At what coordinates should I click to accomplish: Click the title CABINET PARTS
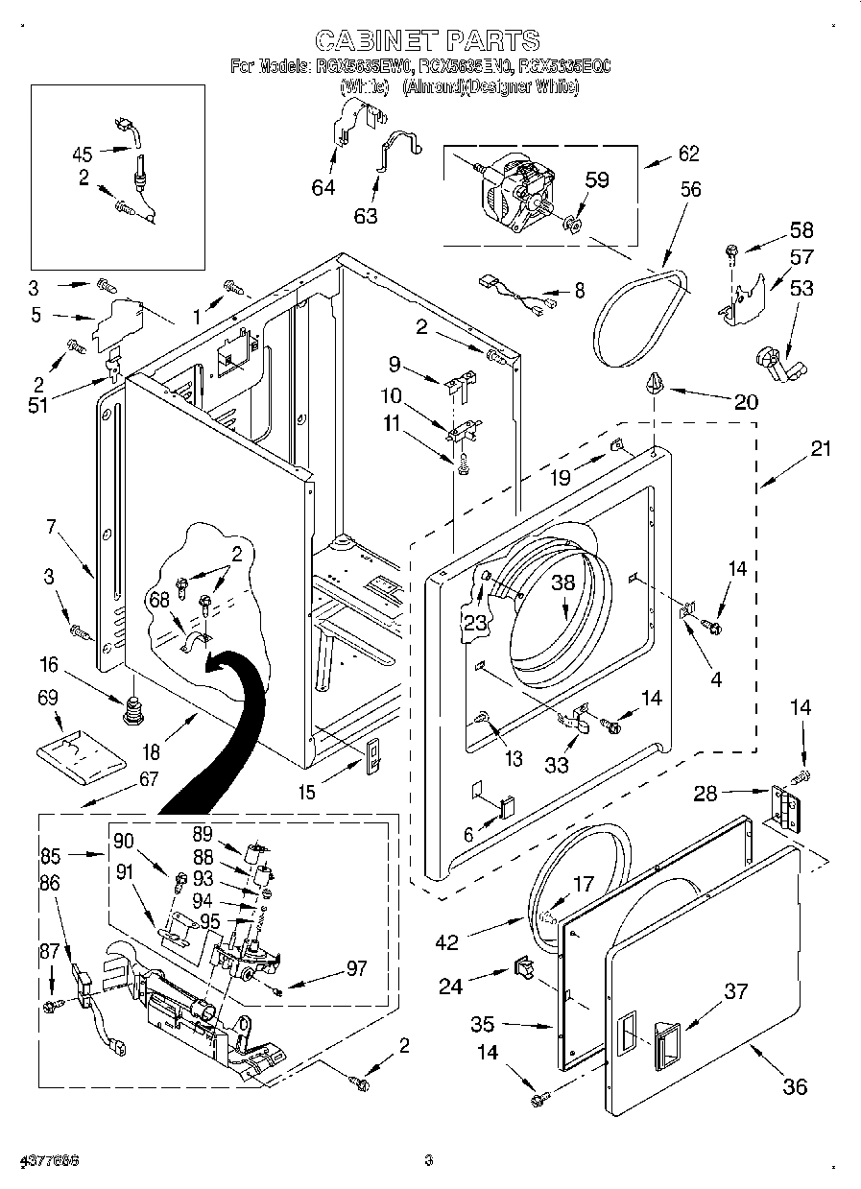tap(428, 40)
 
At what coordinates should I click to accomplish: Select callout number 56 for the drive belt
tap(690, 189)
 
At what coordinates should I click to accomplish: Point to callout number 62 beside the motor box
tap(688, 154)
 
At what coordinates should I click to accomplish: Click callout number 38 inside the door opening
tap(562, 582)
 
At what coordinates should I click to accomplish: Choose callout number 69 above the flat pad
tap(48, 698)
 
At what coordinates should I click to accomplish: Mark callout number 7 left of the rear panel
tap(51, 526)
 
